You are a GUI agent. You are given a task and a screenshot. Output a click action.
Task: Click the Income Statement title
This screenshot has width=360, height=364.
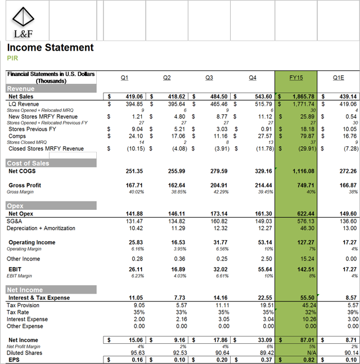[50, 48]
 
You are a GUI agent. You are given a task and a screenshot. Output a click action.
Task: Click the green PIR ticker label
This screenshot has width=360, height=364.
[12, 58]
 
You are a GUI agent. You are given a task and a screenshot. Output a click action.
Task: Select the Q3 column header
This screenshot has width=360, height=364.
[209, 78]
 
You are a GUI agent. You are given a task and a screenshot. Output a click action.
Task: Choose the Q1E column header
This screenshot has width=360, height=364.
[338, 78]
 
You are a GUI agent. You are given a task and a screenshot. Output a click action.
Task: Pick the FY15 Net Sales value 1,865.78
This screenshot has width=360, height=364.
[303, 97]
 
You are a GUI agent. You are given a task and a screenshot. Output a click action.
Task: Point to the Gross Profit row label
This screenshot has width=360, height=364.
[25, 185]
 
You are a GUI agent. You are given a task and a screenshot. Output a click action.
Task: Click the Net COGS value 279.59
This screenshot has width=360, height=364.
[219, 171]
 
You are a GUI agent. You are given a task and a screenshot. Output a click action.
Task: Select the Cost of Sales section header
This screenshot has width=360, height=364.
[28, 163]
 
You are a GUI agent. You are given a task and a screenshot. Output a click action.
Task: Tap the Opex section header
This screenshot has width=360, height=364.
[15, 206]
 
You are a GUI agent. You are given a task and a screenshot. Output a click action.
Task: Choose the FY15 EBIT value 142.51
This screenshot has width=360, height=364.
[304, 269]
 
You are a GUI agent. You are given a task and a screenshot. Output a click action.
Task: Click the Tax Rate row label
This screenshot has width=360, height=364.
[18, 312]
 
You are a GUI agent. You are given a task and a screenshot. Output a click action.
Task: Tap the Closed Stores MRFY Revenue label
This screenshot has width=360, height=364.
[46, 149]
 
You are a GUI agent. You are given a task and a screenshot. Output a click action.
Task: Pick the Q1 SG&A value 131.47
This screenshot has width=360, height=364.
[133, 221]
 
